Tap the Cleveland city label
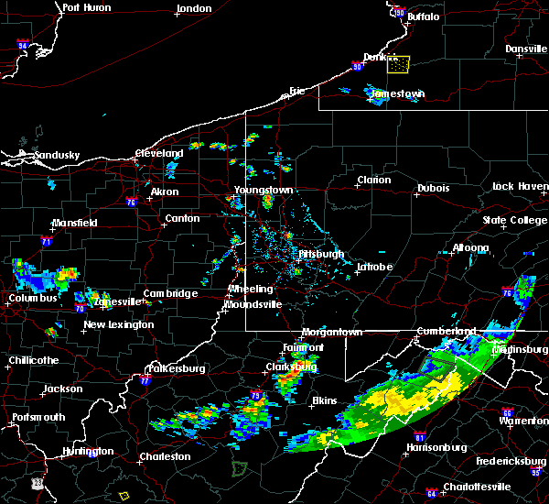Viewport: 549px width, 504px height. (160, 153)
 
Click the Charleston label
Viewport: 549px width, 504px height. (165, 456)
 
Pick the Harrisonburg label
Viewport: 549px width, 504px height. (437, 448)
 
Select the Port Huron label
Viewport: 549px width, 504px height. (86, 7)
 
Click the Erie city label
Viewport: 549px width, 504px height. (296, 91)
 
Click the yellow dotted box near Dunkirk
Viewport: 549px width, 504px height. (398, 63)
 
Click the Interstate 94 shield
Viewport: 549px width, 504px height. (23, 43)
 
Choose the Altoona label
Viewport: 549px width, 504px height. (470, 248)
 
